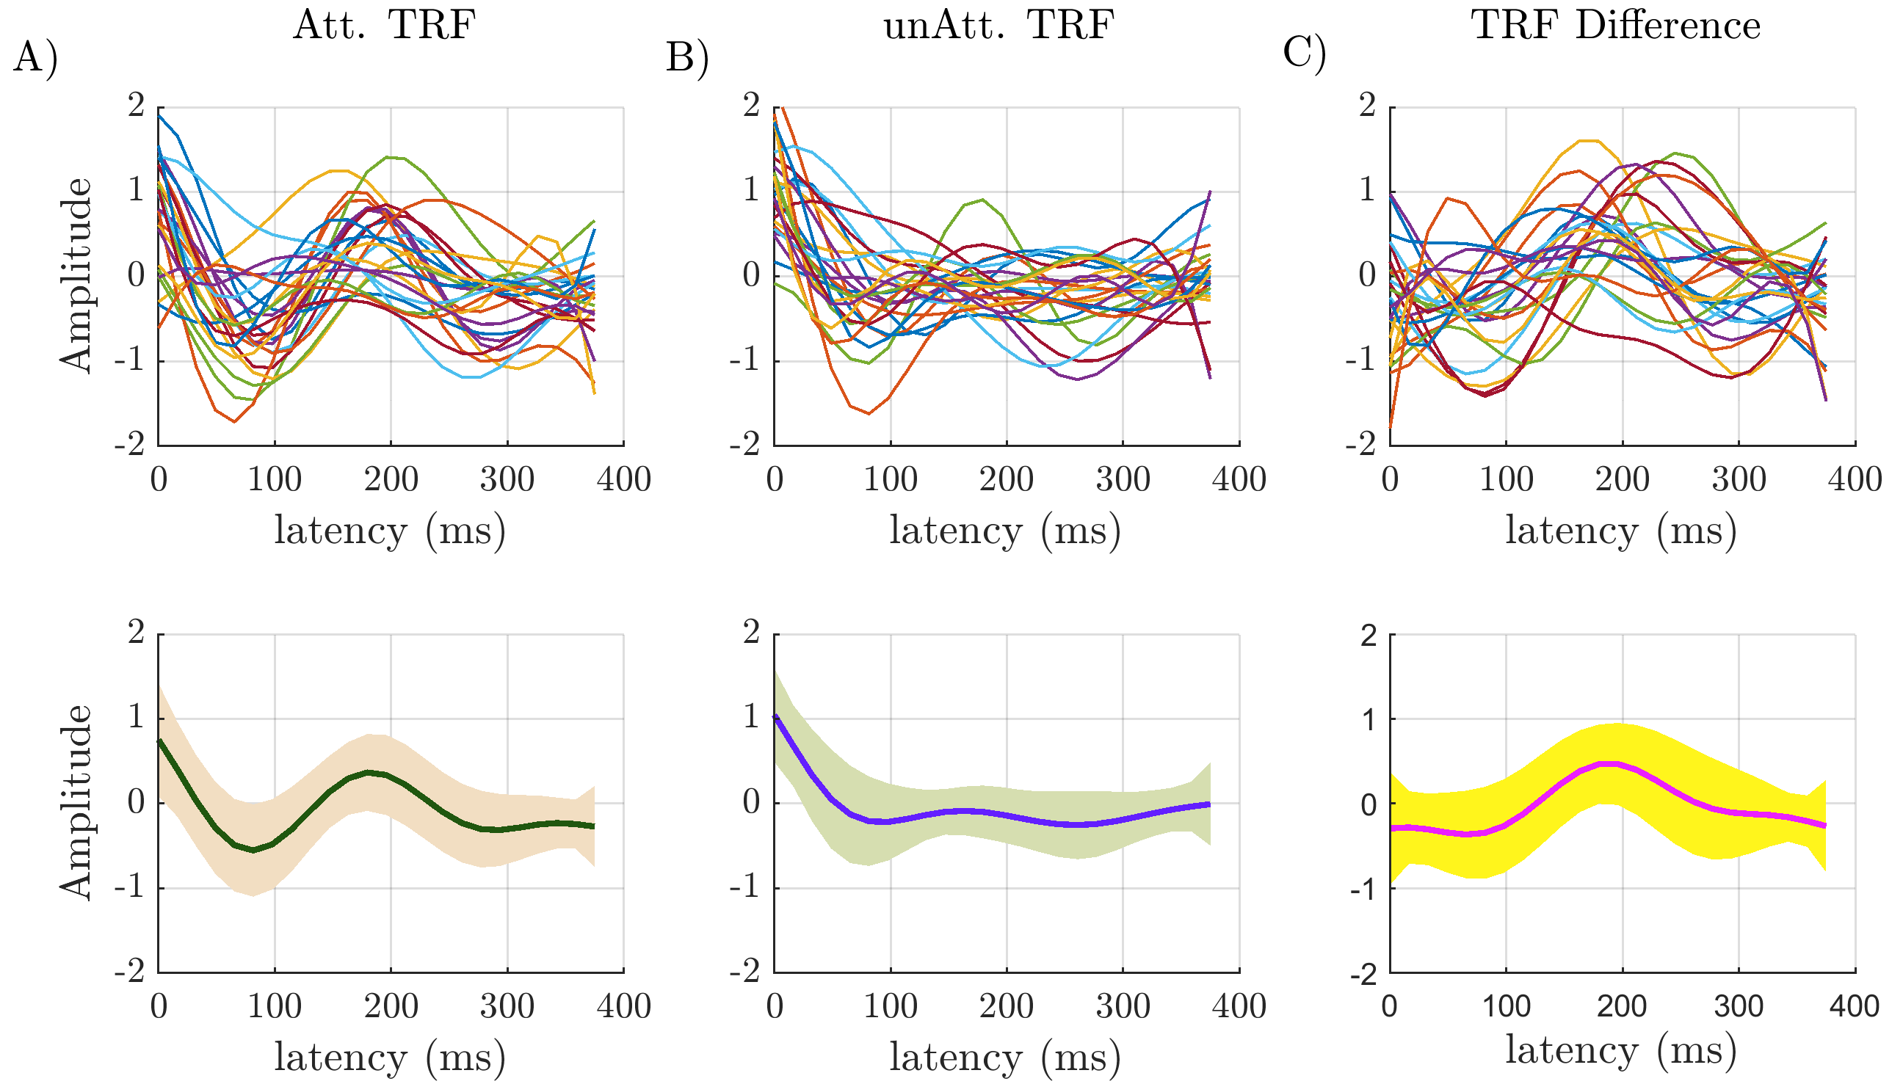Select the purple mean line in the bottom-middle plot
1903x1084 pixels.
coord(968,811)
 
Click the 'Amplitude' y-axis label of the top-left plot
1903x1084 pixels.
coord(76,275)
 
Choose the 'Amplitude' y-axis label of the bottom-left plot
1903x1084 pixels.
coord(76,802)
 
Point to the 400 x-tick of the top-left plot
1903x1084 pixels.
coord(624,479)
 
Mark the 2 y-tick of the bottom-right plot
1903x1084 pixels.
coord(1368,636)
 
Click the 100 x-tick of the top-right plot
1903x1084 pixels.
coord(1506,479)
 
